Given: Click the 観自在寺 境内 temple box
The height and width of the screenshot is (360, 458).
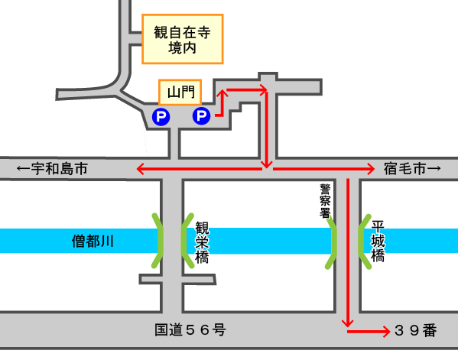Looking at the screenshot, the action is tap(183, 39).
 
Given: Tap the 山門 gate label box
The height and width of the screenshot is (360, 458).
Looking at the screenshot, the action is tap(180, 92).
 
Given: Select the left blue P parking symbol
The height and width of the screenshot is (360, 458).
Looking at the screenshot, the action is tap(161, 117).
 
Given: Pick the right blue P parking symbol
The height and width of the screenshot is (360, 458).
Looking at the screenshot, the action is tap(201, 116).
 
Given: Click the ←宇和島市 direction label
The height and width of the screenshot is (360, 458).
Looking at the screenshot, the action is tap(52, 169).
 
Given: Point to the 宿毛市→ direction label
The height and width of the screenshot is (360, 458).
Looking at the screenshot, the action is tap(412, 169).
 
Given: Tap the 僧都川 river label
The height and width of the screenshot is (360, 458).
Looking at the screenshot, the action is tap(93, 242).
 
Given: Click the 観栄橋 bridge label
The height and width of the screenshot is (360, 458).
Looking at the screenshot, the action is tap(202, 242).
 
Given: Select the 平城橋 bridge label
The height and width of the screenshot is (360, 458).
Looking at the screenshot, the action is tap(378, 242).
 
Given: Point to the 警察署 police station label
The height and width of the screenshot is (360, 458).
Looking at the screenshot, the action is tap(325, 201).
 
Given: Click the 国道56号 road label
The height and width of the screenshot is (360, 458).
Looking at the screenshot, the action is tap(190, 330).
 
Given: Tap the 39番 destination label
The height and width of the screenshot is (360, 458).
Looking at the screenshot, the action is tap(416, 330).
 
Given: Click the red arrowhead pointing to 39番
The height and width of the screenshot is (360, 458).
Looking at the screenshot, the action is tap(387, 332).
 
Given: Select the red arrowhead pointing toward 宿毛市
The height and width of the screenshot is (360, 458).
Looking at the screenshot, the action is tap(371, 169).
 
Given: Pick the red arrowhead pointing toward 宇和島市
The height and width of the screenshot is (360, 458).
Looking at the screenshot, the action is tap(141, 169).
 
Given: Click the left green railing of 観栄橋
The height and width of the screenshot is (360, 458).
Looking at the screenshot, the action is tap(158, 241).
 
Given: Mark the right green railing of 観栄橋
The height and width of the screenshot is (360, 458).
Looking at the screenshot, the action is tap(185, 241).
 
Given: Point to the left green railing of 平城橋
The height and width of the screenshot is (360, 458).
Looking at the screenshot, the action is tap(333, 242).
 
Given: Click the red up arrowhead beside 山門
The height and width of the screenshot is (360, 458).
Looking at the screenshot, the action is tap(223, 93).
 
